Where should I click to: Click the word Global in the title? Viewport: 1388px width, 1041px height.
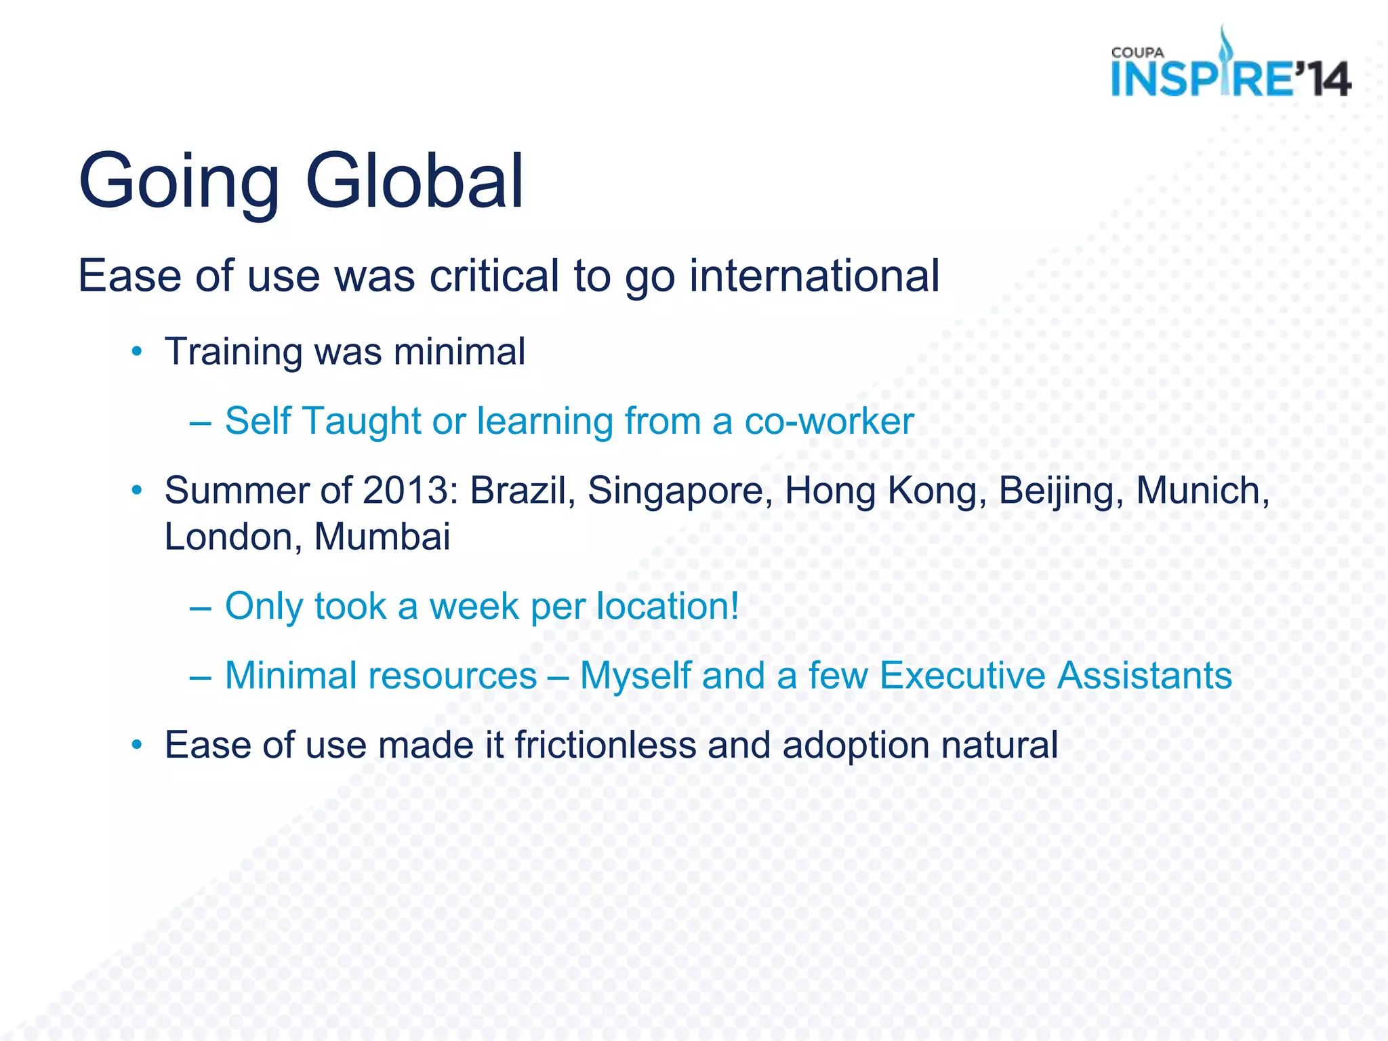[x=415, y=182]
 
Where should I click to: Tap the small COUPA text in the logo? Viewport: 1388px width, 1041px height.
[x=1137, y=53]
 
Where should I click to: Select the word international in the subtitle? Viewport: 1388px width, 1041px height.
[x=814, y=276]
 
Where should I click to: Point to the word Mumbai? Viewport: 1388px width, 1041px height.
[x=382, y=537]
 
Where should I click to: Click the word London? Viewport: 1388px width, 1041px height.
[x=229, y=537]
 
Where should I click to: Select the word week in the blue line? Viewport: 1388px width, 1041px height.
[x=474, y=607]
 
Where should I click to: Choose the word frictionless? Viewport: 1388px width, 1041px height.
[x=605, y=745]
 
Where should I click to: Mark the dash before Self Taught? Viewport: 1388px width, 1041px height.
[x=201, y=422]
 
